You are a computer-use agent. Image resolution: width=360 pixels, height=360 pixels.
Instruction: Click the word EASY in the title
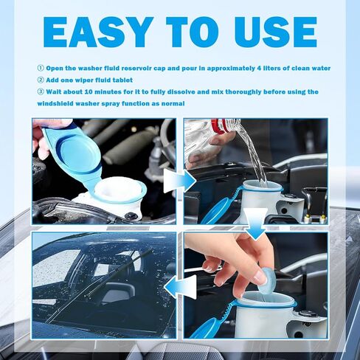pos(97,32)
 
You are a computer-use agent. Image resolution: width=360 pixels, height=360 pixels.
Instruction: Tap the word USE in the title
pos(275,32)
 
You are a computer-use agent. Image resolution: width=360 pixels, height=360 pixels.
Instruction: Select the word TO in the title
pos(193,32)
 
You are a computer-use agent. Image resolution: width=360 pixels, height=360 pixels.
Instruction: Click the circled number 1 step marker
pos(41,68)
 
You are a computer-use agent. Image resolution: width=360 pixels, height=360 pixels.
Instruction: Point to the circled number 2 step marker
pos(41,80)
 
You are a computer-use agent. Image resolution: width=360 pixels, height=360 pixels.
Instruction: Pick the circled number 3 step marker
pos(41,91)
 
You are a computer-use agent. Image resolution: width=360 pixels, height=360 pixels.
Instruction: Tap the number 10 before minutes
pos(89,92)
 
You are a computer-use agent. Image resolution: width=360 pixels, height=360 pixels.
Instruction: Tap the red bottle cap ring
pos(218,126)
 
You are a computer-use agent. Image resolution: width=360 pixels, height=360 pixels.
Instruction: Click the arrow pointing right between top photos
pos(180,181)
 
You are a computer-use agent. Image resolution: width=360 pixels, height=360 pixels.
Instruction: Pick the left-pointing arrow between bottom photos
pos(180,287)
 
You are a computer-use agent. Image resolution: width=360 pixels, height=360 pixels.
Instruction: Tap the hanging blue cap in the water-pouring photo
pos(215,211)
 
